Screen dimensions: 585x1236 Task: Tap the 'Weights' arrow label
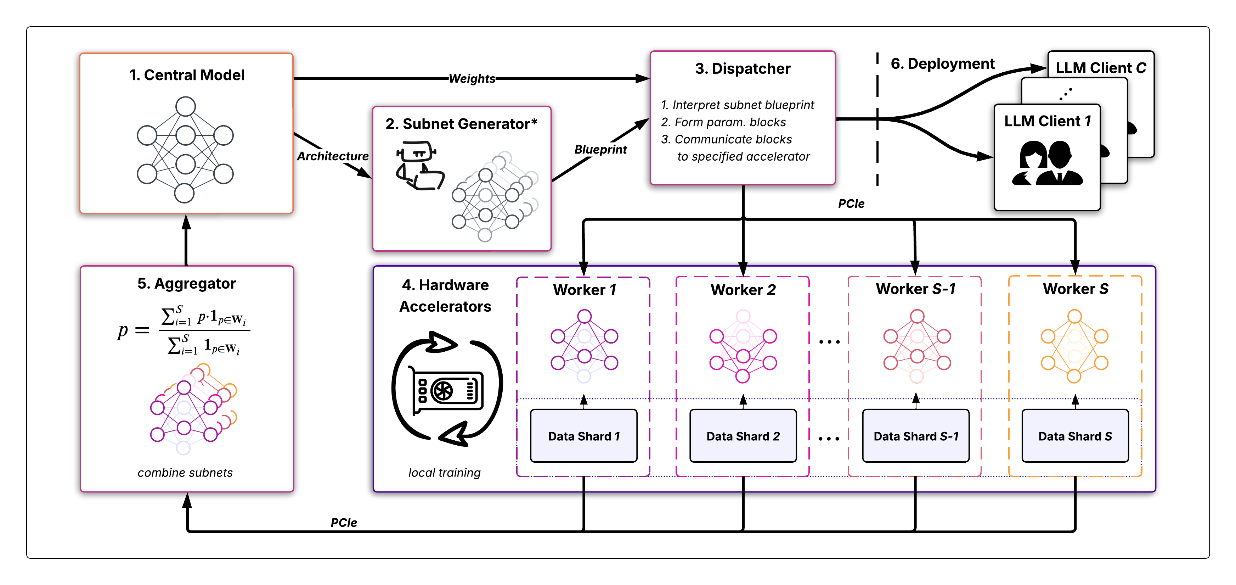tap(472, 79)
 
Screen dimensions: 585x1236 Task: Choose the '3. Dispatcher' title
tap(742, 69)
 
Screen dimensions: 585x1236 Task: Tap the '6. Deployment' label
tap(942, 64)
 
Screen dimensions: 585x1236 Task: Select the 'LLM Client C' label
tap(1101, 68)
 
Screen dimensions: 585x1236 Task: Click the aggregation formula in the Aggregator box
tap(184, 330)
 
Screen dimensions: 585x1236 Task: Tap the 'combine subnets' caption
tap(185, 473)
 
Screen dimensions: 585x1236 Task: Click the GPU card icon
tap(447, 390)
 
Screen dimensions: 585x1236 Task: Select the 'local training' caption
tap(444, 473)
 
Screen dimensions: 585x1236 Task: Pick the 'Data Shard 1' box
tap(583, 436)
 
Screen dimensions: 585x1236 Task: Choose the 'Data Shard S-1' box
tap(915, 436)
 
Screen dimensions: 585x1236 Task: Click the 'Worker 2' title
tap(743, 290)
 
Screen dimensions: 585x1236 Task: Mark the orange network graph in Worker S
tap(1074, 346)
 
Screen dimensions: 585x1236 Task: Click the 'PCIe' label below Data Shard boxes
tap(344, 523)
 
